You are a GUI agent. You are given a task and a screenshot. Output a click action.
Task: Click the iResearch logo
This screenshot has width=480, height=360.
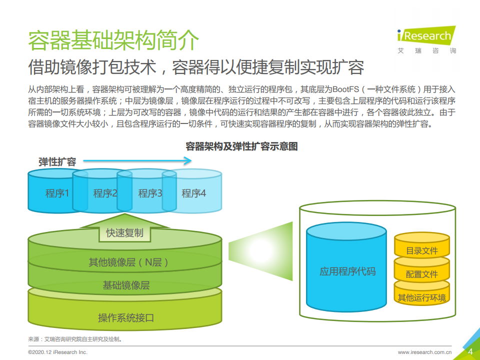tap(426, 40)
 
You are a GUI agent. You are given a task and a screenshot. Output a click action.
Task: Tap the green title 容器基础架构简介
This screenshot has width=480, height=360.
tap(113, 40)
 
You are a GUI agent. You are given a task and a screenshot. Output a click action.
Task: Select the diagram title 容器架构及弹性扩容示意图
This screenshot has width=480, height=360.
tap(241, 146)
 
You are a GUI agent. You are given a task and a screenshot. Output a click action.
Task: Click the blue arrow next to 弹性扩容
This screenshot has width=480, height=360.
tap(137, 160)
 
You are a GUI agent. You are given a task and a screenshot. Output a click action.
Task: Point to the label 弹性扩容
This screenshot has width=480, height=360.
tap(57, 161)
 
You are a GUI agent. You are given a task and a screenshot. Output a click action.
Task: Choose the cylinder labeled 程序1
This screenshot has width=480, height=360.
tap(50, 191)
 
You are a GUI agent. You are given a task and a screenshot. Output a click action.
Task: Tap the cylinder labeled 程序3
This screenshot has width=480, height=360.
tap(147, 191)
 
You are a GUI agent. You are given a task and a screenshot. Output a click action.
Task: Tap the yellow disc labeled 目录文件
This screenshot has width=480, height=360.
tap(422, 246)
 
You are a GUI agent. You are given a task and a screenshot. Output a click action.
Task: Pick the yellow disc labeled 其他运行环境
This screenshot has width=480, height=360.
tap(422, 295)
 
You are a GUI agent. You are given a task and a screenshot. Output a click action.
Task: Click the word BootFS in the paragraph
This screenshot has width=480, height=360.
tap(345, 89)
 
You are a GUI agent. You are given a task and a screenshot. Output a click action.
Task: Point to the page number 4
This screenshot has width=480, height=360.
tap(470, 351)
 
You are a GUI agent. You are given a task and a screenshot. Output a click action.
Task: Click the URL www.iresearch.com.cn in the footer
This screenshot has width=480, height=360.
tap(424, 352)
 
